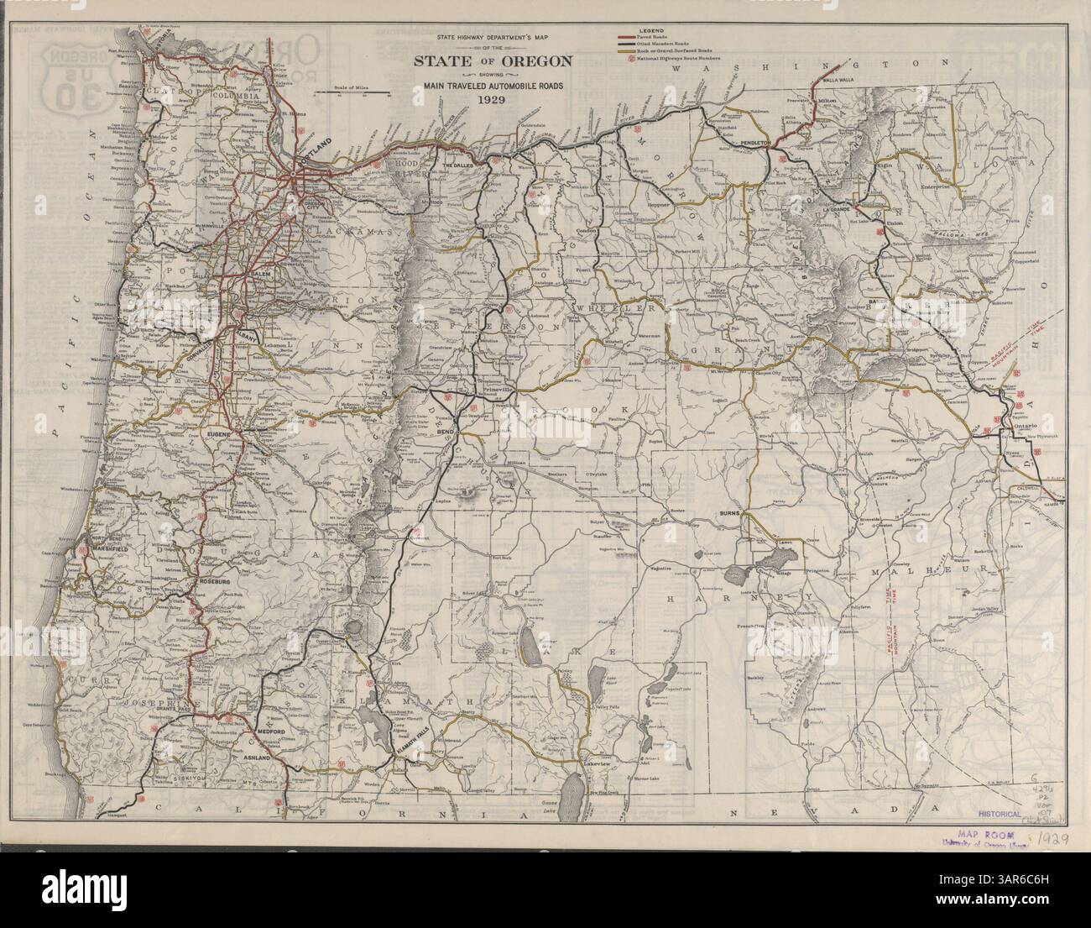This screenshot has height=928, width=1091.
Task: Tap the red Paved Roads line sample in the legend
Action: coord(625,38)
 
